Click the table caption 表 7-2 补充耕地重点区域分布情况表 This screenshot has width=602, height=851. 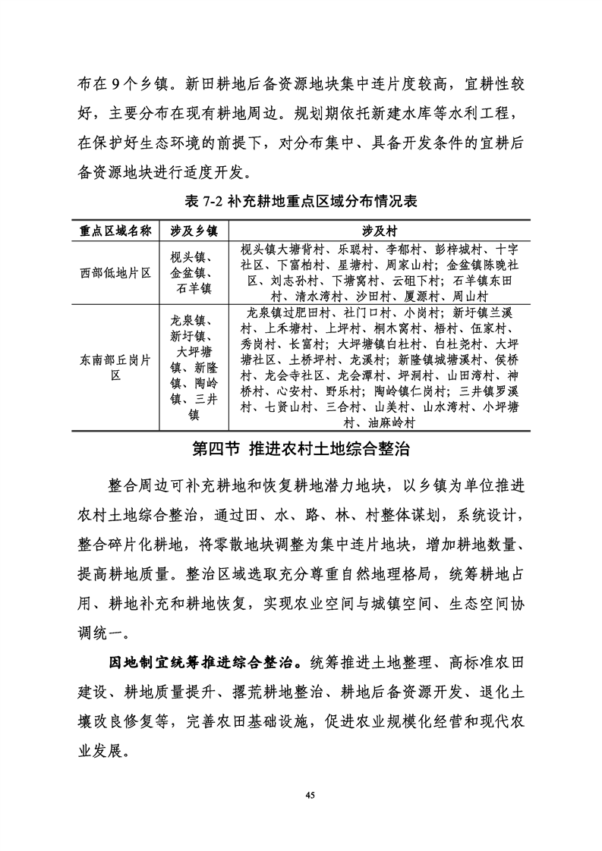click(301, 203)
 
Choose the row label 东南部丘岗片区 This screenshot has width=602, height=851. click(116, 368)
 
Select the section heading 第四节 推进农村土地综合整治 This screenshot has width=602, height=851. click(301, 449)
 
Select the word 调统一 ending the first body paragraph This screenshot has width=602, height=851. click(103, 631)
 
